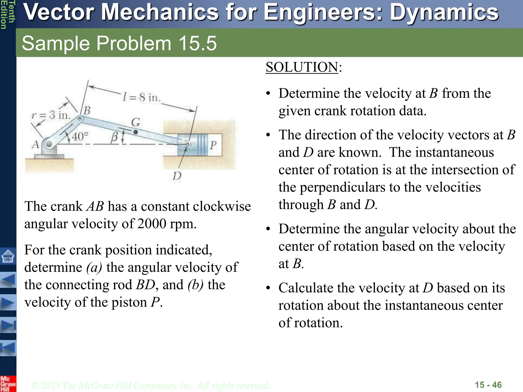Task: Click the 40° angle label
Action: (x=80, y=137)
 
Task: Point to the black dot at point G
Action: (x=136, y=132)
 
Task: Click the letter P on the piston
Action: (x=213, y=145)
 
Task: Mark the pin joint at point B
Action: (x=80, y=118)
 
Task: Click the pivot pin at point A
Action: (x=49, y=144)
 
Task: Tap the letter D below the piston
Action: (x=177, y=176)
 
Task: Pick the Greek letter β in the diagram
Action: (x=114, y=137)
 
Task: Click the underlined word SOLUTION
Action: (x=302, y=67)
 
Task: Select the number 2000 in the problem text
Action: (x=152, y=224)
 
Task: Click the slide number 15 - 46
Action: (x=488, y=385)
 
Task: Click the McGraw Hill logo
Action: (x=8, y=384)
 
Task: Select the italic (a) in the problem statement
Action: (x=94, y=267)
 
